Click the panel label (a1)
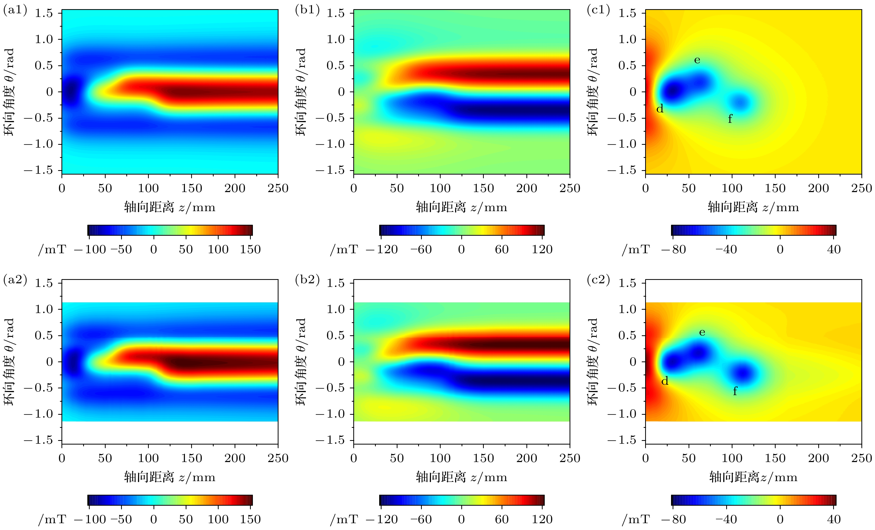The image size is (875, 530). click(x=15, y=10)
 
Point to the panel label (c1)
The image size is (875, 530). click(x=598, y=10)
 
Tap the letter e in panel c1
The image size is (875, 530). click(x=697, y=60)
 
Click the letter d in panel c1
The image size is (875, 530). click(x=660, y=109)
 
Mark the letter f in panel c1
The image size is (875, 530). click(x=730, y=119)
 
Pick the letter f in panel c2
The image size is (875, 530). click(x=735, y=391)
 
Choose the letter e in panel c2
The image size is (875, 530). click(x=702, y=333)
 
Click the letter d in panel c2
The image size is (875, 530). click(x=665, y=381)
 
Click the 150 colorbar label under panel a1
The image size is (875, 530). click(x=250, y=250)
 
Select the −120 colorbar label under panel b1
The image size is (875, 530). click(x=382, y=250)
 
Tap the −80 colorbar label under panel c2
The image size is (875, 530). click(x=673, y=519)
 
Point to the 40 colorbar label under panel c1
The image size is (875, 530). click(x=834, y=250)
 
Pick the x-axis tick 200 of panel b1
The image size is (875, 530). click(x=527, y=188)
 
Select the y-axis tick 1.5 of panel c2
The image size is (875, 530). click(x=628, y=283)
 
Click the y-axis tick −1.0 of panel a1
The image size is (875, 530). click(x=38, y=144)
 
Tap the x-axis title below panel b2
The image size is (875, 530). click(x=462, y=477)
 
